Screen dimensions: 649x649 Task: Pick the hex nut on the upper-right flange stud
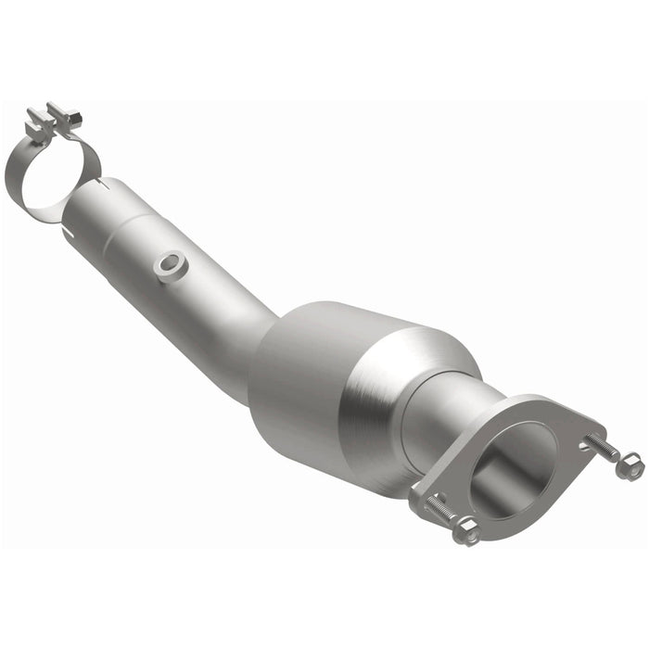pos(630,466)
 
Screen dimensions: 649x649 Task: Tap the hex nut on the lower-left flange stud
pos(466,530)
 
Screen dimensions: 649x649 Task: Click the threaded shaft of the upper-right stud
pos(603,450)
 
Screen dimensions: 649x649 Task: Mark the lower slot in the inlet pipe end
pos(71,231)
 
